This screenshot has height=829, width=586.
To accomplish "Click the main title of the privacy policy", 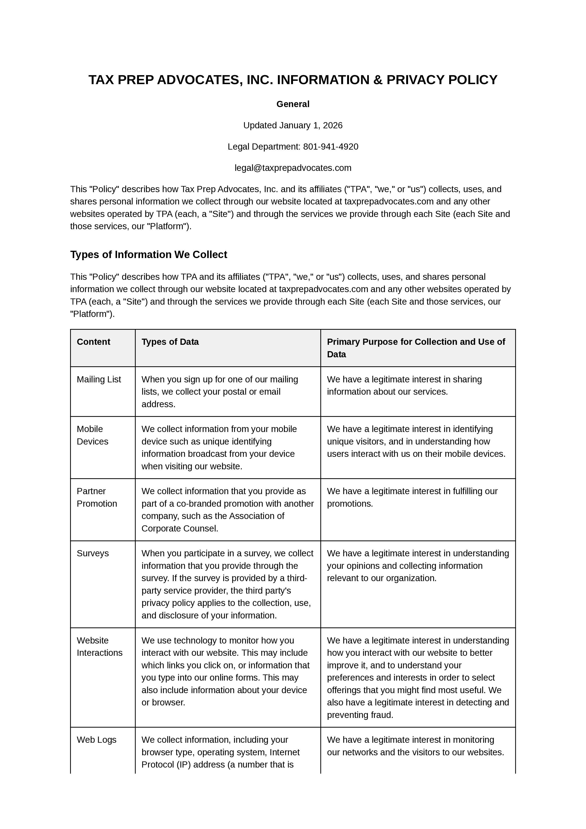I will point(293,80).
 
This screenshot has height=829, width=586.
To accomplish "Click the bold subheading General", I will point(293,104).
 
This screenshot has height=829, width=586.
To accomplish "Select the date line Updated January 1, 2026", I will point(293,125).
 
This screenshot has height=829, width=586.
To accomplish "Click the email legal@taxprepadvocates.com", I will point(293,168).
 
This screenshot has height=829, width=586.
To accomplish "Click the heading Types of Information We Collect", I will point(148,255).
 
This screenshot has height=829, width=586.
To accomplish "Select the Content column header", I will point(94,342).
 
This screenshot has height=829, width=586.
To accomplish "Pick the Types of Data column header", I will point(170,342).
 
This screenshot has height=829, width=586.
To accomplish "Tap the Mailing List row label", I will point(99,380).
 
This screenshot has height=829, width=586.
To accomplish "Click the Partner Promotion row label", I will point(97,497).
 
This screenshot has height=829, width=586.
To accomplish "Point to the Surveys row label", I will point(92,553).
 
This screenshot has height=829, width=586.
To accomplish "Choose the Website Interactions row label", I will point(99,646).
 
